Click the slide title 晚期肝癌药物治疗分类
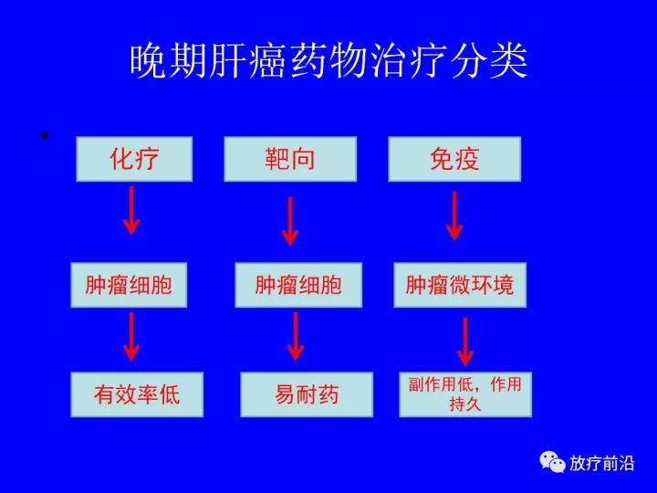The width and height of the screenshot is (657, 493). click(x=328, y=61)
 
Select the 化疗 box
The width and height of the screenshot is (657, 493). click(x=134, y=159)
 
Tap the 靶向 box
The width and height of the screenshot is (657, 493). click(x=290, y=159)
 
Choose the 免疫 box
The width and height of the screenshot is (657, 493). click(x=454, y=159)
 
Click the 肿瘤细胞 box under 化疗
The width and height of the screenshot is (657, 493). click(x=129, y=285)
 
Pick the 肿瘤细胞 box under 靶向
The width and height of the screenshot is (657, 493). click(x=298, y=285)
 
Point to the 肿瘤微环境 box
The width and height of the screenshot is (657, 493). click(x=460, y=285)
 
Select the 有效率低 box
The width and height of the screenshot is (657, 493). click(x=137, y=394)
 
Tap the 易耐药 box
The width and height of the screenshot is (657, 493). click(x=307, y=394)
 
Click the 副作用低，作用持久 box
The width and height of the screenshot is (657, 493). click(x=465, y=394)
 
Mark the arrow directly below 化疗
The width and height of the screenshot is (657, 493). click(x=131, y=211)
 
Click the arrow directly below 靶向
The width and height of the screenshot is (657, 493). click(x=290, y=221)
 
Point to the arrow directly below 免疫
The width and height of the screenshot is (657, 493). click(x=454, y=215)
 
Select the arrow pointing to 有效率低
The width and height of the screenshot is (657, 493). click(x=131, y=337)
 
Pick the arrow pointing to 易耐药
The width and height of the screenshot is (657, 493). click(x=296, y=337)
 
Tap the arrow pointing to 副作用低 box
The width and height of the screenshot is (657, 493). click(x=465, y=342)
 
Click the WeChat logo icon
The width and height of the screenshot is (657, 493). click(x=552, y=462)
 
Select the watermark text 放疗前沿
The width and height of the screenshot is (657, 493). click(x=601, y=463)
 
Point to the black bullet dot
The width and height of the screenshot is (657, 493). click(x=45, y=135)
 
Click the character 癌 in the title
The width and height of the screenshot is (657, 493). click(x=268, y=62)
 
